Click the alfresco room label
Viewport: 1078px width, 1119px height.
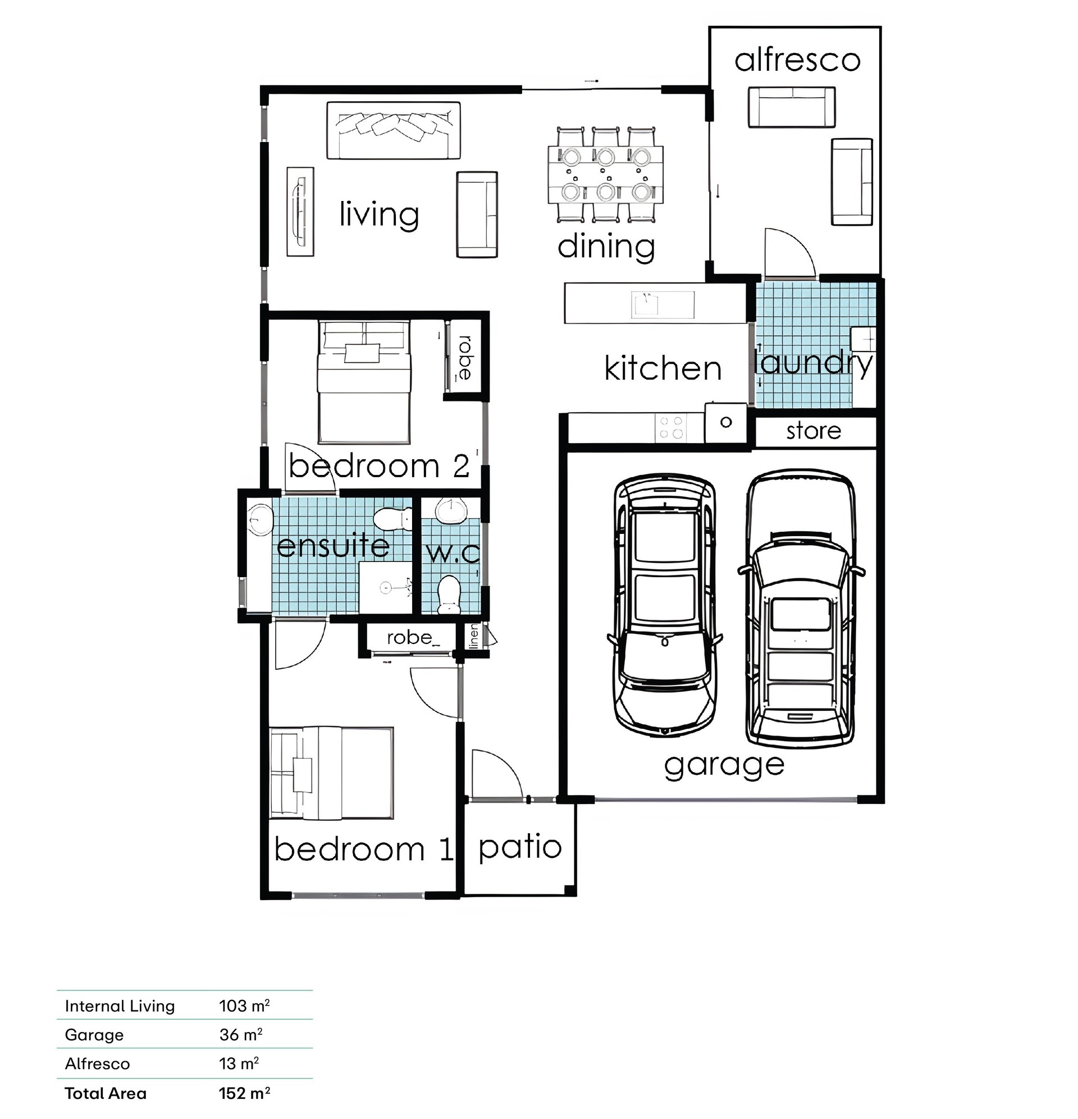797,60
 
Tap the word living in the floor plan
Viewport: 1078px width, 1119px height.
379,214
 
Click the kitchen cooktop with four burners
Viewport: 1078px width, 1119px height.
672,427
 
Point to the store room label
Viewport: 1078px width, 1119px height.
814,431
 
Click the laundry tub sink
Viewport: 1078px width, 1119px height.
863,339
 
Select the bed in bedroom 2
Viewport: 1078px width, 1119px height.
364,382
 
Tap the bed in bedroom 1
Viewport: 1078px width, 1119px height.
332,774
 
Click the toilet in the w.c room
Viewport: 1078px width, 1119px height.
449,595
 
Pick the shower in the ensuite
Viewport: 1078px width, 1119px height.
386,587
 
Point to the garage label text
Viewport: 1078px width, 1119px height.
724,766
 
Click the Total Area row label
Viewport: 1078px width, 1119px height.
106,1093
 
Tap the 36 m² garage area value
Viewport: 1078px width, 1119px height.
241,1035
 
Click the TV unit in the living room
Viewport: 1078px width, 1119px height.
300,212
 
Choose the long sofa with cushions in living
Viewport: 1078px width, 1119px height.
394,131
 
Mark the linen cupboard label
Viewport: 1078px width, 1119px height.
473,637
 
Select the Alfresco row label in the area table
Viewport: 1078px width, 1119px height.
97,1063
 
